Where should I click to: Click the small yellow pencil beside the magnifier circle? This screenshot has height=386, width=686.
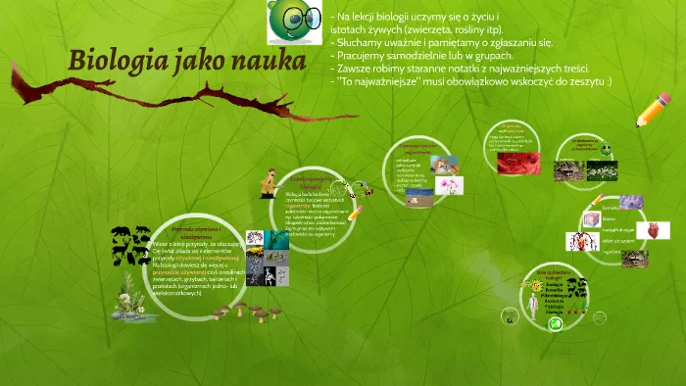[x=356, y=211]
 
